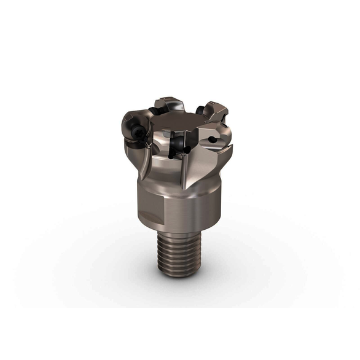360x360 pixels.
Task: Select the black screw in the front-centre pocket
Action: click(x=178, y=144)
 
